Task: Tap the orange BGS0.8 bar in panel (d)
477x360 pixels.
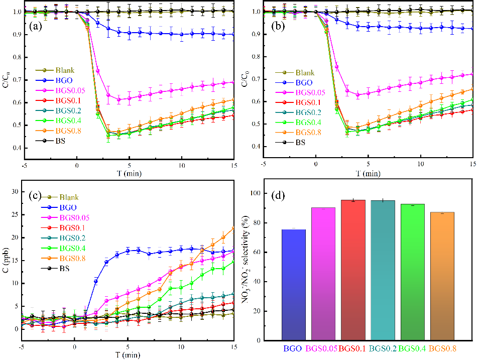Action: pyautogui.click(x=442, y=276)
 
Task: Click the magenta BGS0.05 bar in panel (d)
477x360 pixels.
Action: pyautogui.click(x=323, y=274)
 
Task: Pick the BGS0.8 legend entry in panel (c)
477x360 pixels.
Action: pyautogui.click(x=69, y=258)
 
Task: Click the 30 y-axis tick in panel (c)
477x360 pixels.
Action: pyautogui.click(x=14, y=191)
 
